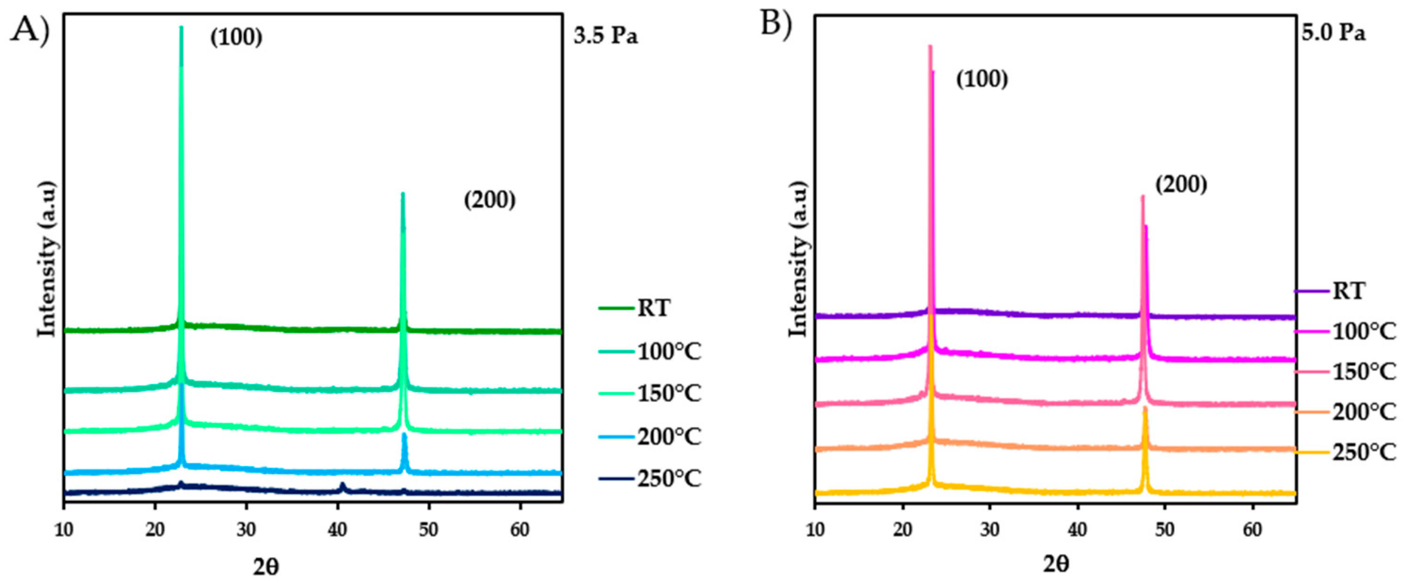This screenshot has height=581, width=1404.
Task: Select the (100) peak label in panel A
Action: click(x=236, y=38)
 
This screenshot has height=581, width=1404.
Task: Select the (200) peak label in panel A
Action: click(x=489, y=200)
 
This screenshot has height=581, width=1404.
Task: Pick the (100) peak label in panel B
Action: click(x=982, y=80)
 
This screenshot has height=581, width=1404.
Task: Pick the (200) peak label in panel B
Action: click(x=1181, y=185)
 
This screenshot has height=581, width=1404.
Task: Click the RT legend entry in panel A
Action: click(x=654, y=309)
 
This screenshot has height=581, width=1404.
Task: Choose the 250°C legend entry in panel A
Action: click(x=669, y=479)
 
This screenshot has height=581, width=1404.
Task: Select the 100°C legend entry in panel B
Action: click(x=1364, y=331)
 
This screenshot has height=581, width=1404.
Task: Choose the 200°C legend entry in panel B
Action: click(x=1364, y=412)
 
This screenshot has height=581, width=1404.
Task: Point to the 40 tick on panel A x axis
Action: click(x=338, y=530)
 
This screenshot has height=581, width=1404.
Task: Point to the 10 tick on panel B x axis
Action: click(x=815, y=530)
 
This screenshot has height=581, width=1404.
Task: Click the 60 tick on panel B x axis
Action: click(x=1253, y=530)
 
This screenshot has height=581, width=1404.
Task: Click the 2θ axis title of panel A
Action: click(x=266, y=567)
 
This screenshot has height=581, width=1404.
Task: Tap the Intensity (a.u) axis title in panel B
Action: click(x=798, y=259)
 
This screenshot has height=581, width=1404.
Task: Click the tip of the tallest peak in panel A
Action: click(x=181, y=27)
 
